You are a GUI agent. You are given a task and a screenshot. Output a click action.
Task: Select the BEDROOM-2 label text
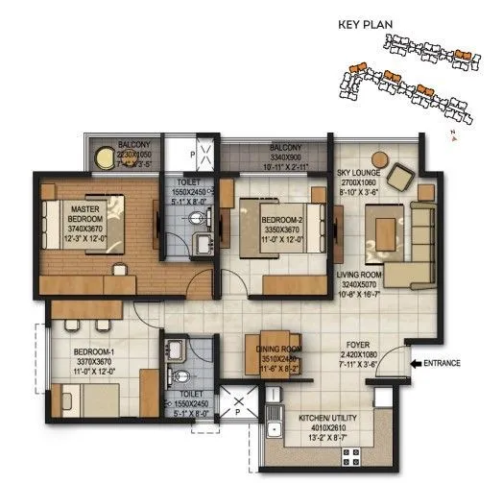[x=281, y=221]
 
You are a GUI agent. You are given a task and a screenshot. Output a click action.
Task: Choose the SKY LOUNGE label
[x=361, y=173]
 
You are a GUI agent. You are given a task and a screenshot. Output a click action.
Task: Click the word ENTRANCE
[x=444, y=363]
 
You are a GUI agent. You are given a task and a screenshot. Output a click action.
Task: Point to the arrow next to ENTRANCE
[x=414, y=363]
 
